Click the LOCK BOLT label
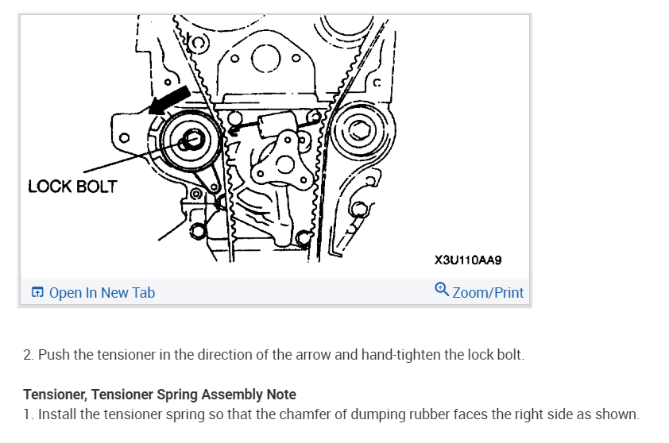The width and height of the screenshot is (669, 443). coord(72,187)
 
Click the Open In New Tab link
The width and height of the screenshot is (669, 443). coord(102,293)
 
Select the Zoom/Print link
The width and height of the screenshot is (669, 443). coord(488,293)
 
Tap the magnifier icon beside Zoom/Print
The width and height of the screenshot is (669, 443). coord(443,290)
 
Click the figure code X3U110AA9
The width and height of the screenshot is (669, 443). coord(469,260)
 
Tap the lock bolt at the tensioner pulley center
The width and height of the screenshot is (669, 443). coord(191,141)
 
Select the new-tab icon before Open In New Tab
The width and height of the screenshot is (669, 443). coord(37,293)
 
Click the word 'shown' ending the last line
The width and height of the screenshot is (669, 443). coord(618,414)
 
